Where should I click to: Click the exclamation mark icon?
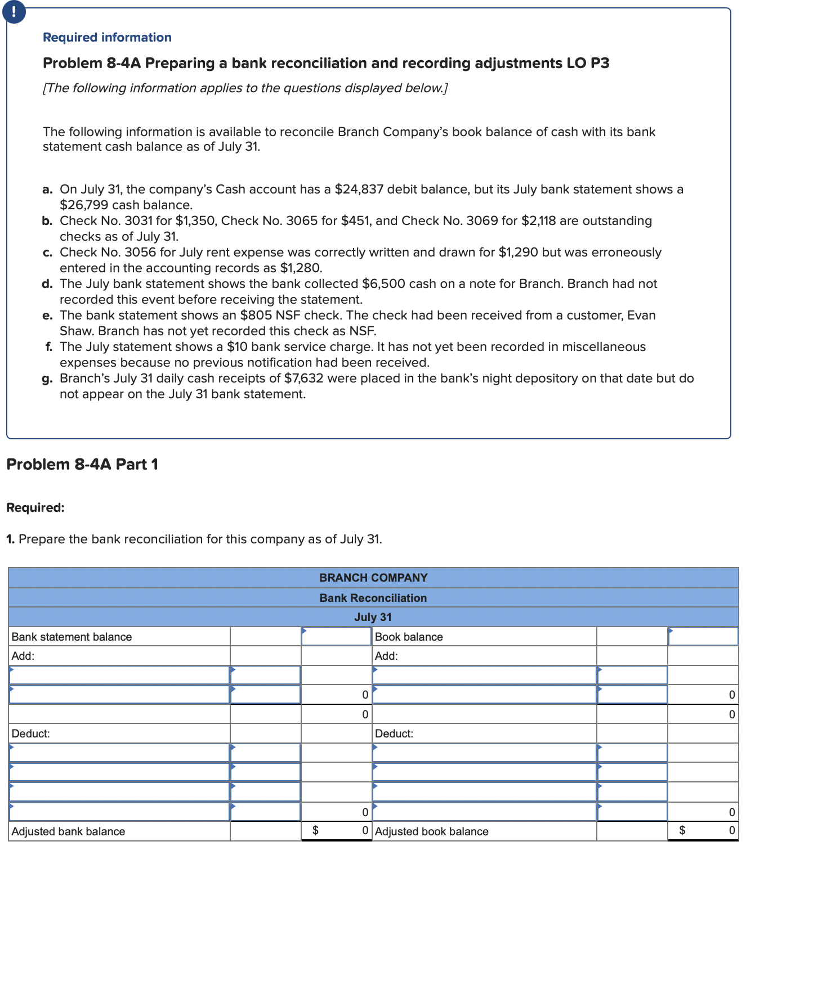click(x=14, y=11)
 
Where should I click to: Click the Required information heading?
click(x=107, y=37)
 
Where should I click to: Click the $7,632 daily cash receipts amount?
click(x=303, y=378)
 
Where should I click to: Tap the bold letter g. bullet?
click(x=47, y=378)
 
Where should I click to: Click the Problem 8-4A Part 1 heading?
click(x=82, y=464)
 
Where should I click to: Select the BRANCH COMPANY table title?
click(x=373, y=578)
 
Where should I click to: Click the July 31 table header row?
click(x=373, y=617)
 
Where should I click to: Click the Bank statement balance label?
click(x=72, y=637)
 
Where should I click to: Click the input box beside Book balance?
click(x=703, y=637)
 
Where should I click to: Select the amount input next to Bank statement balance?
click(x=336, y=637)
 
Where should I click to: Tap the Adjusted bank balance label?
click(x=68, y=831)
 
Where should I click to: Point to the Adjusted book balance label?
click(x=431, y=831)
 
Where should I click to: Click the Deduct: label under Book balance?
click(x=394, y=733)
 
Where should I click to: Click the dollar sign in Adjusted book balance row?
click(x=682, y=830)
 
